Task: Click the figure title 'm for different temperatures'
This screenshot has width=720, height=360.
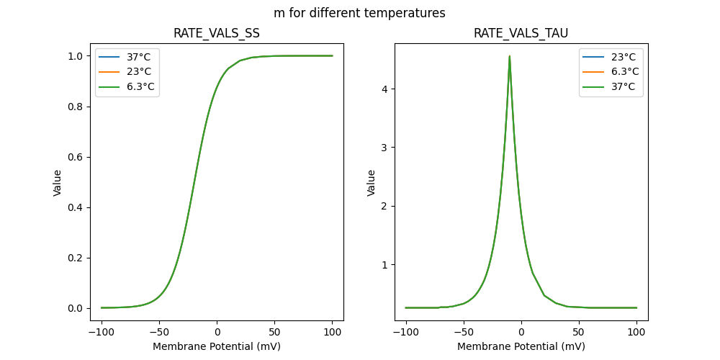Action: click(x=359, y=13)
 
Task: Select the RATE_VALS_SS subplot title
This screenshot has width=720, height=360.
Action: click(x=217, y=33)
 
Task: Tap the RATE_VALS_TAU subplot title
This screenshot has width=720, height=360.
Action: click(x=521, y=33)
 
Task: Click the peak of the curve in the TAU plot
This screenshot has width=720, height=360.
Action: click(x=510, y=56)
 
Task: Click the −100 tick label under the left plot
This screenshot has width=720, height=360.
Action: click(x=102, y=332)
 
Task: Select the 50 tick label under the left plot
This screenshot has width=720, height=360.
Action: click(x=274, y=332)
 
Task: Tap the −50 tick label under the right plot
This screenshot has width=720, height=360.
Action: click(x=463, y=332)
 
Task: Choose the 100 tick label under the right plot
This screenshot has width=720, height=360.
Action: click(x=636, y=332)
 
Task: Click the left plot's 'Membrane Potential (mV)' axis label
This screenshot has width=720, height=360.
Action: click(x=217, y=346)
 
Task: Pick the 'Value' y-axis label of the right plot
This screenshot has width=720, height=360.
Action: click(x=372, y=183)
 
